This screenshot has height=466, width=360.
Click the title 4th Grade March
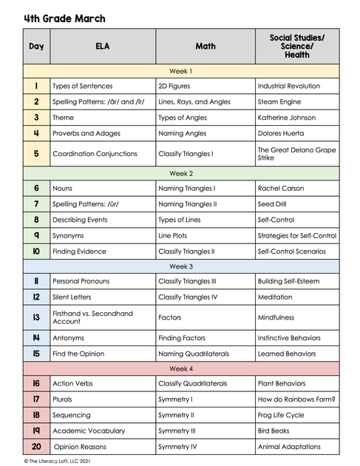click(x=64, y=18)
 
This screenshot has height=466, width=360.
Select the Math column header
click(x=206, y=46)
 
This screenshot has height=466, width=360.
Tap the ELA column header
click(x=102, y=46)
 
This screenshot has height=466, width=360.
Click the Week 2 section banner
click(x=181, y=172)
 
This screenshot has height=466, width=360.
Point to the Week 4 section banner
click(x=181, y=368)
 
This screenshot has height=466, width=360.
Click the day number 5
click(x=35, y=154)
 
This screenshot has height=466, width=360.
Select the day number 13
click(x=35, y=317)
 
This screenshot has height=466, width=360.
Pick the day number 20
click(x=35, y=447)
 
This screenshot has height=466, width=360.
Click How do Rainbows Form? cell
click(x=297, y=399)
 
